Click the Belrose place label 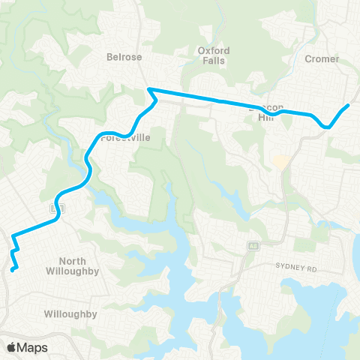(x=124, y=56)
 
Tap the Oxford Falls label (x=214, y=55)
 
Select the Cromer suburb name (x=322, y=58)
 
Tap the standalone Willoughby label (x=70, y=314)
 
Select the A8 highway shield (x=254, y=245)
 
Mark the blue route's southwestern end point (x=13, y=269)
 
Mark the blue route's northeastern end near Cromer (x=347, y=106)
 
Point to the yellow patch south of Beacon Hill (x=280, y=161)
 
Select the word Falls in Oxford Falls (x=214, y=61)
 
